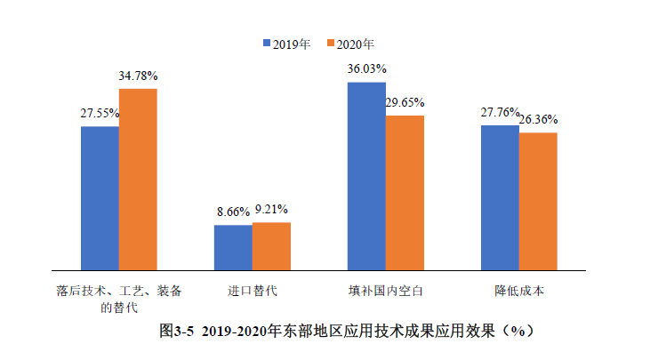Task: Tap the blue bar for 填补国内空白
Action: (366, 175)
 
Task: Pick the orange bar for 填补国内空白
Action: (405, 192)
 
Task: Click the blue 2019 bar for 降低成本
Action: (500, 196)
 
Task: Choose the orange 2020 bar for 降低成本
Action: (538, 201)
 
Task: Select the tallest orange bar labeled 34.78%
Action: (138, 179)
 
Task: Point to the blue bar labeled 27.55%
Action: (100, 197)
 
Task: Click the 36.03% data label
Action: (366, 68)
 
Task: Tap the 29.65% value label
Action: (405, 102)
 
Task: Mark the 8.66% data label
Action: (232, 212)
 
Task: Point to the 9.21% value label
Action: (271, 210)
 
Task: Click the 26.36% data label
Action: (538, 119)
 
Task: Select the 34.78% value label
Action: (138, 76)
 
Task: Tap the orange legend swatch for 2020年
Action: (331, 43)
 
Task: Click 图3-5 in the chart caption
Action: (176, 331)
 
